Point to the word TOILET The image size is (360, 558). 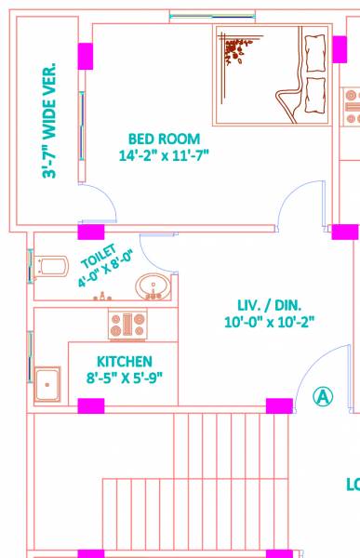click(x=97, y=256)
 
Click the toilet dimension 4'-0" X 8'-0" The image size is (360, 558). click(x=106, y=270)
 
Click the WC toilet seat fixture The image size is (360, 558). click(x=53, y=268)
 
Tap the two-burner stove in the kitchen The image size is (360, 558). click(x=128, y=324)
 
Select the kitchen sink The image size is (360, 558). click(x=47, y=380)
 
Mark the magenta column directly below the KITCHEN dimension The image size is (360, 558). click(x=90, y=405)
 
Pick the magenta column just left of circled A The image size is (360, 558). click(x=279, y=405)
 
